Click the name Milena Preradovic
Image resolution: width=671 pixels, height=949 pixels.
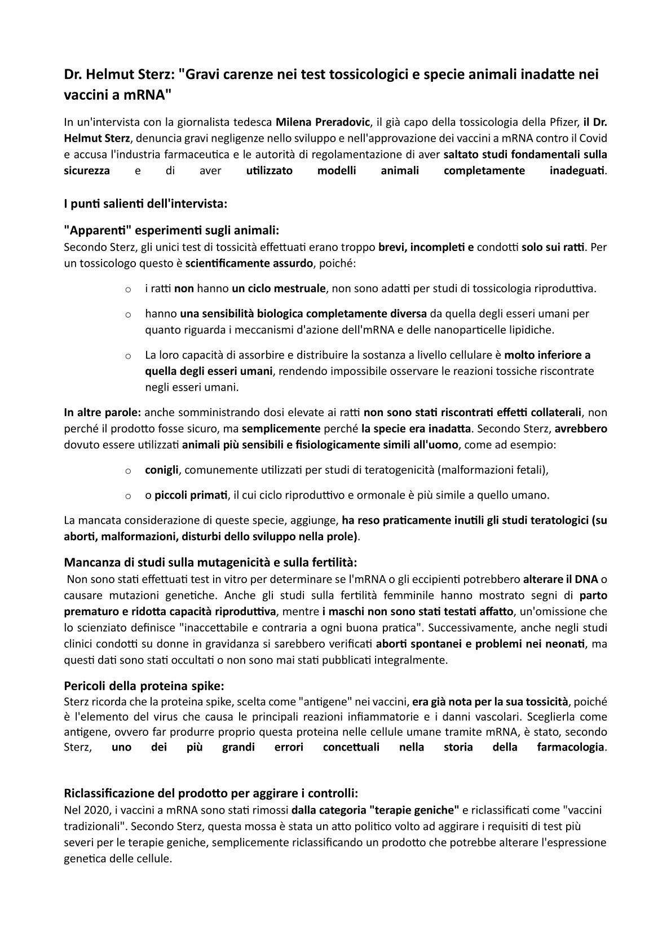pos(323,122)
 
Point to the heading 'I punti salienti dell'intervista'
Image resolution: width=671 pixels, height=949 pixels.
pos(145,204)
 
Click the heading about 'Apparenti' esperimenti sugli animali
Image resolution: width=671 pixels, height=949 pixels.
pos(172,231)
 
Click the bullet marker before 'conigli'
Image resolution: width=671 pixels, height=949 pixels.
pos(129,470)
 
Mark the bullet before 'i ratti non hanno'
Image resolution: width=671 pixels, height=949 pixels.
pos(129,289)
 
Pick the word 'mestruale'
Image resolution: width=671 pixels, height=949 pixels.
pos(299,288)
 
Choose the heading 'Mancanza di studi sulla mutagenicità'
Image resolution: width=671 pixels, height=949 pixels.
pos(210,562)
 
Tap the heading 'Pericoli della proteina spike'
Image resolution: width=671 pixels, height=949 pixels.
pos(144,686)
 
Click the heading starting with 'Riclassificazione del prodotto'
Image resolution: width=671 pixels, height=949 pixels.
pos(211,794)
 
